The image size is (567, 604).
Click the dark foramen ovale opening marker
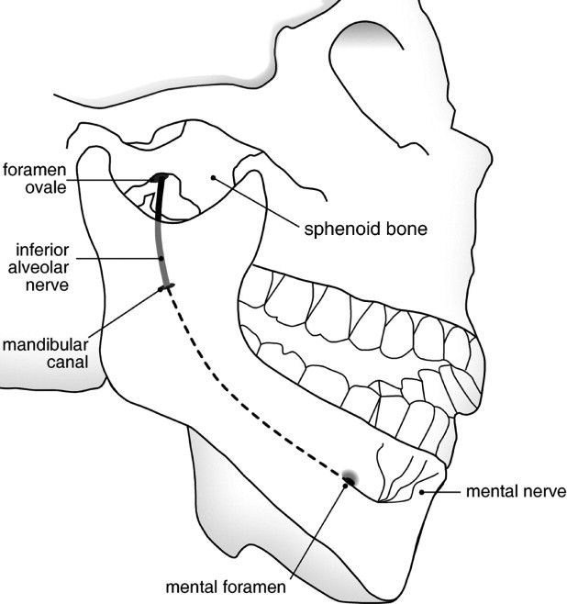coord(159,177)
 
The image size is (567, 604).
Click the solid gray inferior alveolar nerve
coord(161,234)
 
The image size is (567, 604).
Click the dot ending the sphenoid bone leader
coord(213,177)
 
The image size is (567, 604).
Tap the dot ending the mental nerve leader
coord(422,492)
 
